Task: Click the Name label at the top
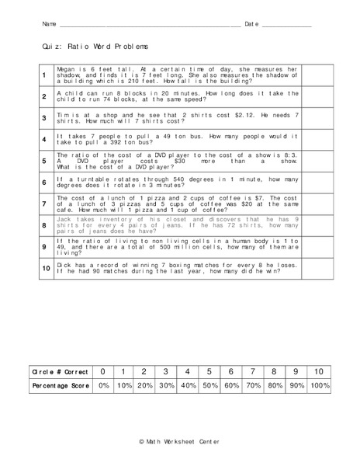point(50,25)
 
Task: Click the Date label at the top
point(251,25)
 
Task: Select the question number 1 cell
point(44,75)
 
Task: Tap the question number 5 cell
point(44,161)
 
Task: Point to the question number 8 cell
point(44,225)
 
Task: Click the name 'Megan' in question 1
point(66,68)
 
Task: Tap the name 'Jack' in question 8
point(64,219)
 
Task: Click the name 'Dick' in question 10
point(64,263)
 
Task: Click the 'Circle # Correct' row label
point(59,372)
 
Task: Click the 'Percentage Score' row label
point(59,385)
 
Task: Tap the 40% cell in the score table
point(187,385)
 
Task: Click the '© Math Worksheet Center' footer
point(179,441)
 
